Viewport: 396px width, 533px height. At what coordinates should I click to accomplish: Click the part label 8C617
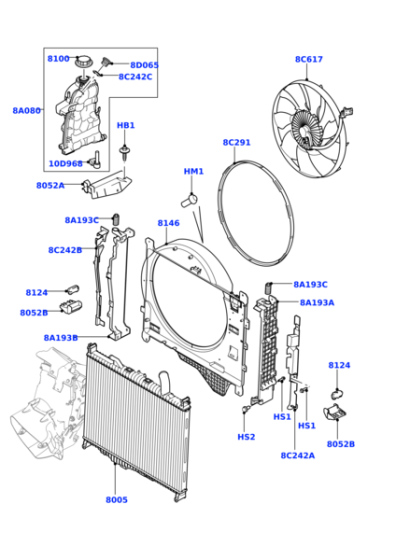(309, 59)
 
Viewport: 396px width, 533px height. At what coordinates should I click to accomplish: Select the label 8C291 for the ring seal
(237, 142)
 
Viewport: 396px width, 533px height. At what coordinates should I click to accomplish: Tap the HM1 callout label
(193, 171)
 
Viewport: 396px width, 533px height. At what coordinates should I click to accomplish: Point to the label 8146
(168, 223)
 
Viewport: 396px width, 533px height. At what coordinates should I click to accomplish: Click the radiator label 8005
(117, 500)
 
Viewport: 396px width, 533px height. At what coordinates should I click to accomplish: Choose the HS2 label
(246, 437)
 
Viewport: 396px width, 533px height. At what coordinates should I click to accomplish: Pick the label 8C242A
(298, 455)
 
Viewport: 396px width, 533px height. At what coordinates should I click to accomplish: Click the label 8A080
(27, 110)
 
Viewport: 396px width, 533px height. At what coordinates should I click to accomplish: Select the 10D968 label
(66, 164)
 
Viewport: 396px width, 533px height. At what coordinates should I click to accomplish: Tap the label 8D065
(144, 65)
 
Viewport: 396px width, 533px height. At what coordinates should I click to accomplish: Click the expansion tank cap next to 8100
(83, 63)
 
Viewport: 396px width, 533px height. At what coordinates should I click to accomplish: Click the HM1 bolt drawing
(189, 200)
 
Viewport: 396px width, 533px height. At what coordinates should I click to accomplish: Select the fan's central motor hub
(305, 129)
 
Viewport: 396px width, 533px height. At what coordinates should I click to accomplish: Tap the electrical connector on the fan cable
(347, 111)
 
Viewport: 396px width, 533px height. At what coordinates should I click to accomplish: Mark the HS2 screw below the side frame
(245, 409)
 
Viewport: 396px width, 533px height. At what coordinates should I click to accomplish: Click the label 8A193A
(317, 303)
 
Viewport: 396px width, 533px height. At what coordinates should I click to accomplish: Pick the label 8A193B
(61, 338)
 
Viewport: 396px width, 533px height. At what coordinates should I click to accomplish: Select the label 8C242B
(65, 250)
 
